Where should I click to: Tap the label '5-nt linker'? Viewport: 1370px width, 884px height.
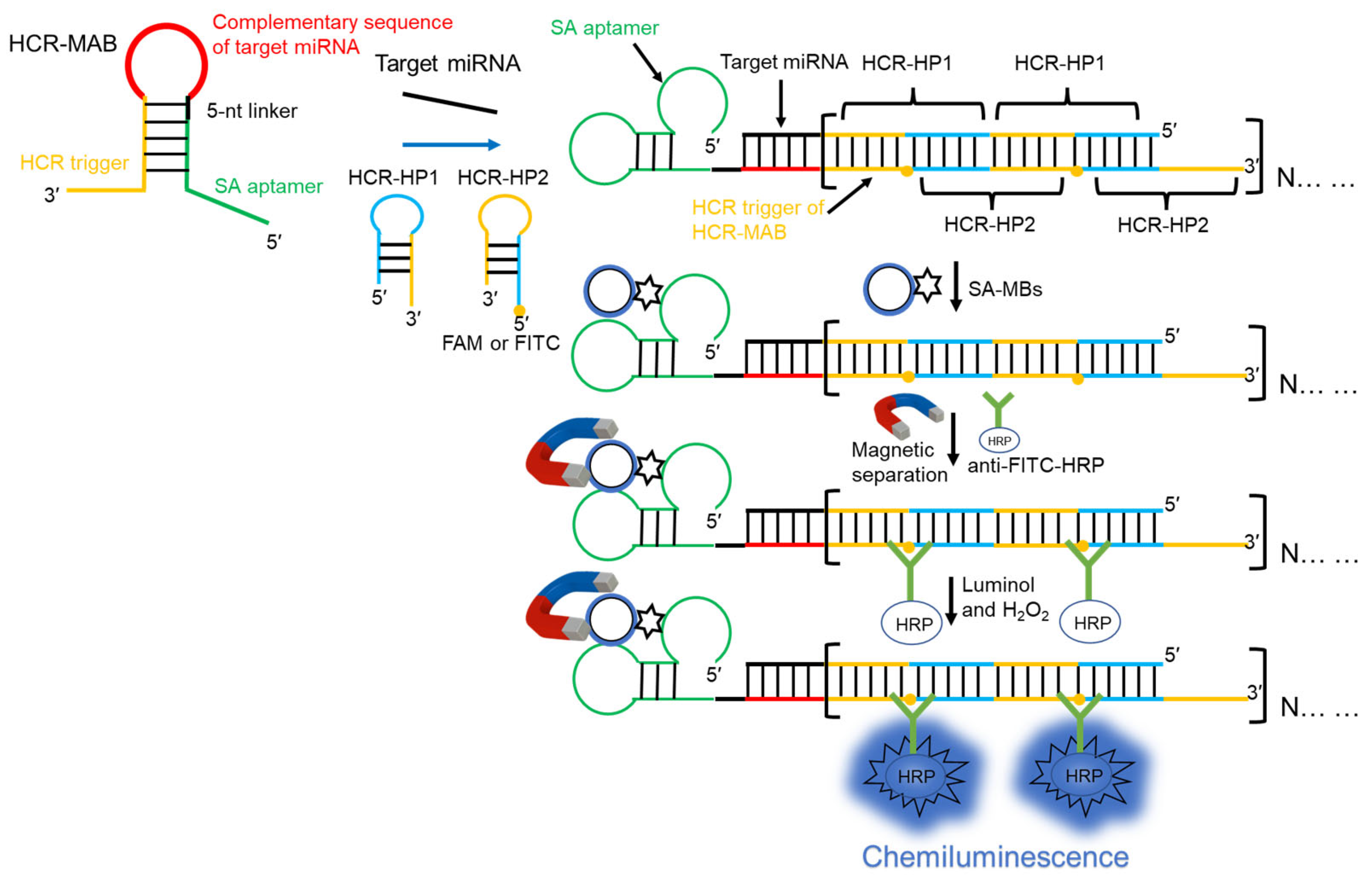click(x=252, y=111)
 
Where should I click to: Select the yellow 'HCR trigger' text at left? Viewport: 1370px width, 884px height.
click(x=74, y=163)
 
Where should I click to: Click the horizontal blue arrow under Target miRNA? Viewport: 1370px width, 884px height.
click(x=451, y=145)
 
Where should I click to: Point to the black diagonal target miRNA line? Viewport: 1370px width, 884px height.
click(x=450, y=103)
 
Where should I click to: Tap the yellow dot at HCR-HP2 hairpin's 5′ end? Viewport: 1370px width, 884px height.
click(x=519, y=310)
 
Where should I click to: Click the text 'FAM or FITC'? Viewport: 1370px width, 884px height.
click(x=500, y=343)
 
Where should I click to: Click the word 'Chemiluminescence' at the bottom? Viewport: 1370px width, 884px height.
click(x=995, y=857)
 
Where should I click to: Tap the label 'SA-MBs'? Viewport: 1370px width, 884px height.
click(x=1005, y=289)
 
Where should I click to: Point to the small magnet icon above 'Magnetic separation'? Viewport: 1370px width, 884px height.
click(x=907, y=414)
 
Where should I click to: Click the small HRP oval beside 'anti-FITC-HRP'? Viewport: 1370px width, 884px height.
click(x=998, y=441)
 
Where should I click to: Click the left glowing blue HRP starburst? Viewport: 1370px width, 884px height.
click(x=915, y=776)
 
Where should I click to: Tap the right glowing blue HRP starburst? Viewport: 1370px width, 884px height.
click(x=1083, y=776)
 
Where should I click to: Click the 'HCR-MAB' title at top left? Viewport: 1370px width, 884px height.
click(x=63, y=43)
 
